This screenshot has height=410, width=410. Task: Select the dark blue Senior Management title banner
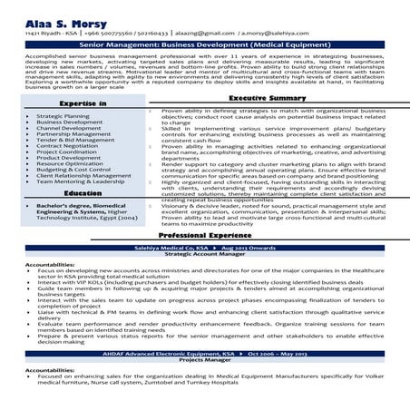pos(204,44)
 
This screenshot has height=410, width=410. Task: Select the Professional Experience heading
pos(204,235)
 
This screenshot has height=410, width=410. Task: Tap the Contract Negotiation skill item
pos(69,148)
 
